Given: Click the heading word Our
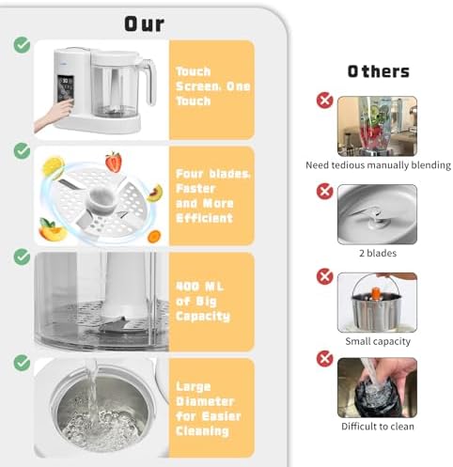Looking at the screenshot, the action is click(144, 24).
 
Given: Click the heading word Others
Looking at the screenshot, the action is click(379, 71).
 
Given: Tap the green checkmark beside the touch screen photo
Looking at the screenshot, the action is click(22, 45).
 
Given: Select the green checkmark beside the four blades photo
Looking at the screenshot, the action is click(22, 151).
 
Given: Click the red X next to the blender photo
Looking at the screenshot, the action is click(325, 101).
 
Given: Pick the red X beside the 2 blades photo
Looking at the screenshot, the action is click(325, 192).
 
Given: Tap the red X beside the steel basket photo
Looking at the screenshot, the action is click(325, 276).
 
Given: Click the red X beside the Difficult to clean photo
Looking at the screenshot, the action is click(325, 359).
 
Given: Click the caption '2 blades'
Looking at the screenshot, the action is click(378, 253).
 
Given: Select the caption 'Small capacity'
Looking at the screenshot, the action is click(378, 341).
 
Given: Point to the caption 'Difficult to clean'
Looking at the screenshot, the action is click(378, 427).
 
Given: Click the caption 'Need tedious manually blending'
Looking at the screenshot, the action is click(379, 165).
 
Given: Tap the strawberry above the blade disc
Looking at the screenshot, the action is click(114, 162).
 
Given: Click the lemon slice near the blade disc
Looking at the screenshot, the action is click(54, 167).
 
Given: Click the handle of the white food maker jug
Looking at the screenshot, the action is click(149, 81).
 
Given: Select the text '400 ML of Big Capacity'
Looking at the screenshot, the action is click(203, 302).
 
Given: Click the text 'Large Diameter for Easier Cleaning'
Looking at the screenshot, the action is click(209, 409).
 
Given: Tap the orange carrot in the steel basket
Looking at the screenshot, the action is click(376, 294).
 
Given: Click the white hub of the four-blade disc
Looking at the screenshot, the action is click(102, 200).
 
